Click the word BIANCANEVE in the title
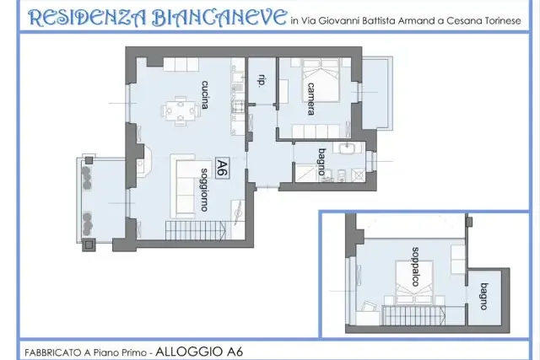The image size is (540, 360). click(x=219, y=17)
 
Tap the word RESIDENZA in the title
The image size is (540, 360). click(x=88, y=18)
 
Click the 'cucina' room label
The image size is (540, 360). click(x=205, y=94)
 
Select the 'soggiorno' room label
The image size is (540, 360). click(x=204, y=190)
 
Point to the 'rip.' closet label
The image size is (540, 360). click(x=262, y=81)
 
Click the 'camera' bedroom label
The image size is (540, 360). click(x=310, y=99)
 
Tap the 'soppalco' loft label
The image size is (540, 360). click(x=416, y=266)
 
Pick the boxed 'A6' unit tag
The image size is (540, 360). click(x=223, y=168)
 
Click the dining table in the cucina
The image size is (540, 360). click(x=181, y=111)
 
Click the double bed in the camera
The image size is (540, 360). click(x=321, y=80)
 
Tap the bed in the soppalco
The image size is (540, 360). click(x=413, y=282)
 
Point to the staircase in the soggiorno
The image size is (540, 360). click(x=196, y=231)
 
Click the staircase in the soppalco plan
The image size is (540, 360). click(x=413, y=315)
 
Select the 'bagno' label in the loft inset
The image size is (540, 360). click(x=484, y=296)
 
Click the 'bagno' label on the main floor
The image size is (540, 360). click(x=321, y=162)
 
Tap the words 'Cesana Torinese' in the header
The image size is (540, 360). click(x=483, y=21)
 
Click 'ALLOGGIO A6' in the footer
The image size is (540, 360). click(x=199, y=352)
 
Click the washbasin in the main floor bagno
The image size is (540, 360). click(x=347, y=148)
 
